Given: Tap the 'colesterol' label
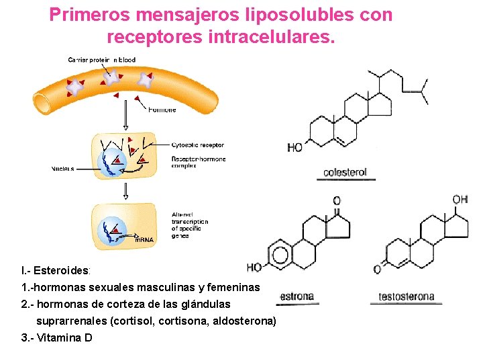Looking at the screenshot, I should point(345,172).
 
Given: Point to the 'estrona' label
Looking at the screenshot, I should point(297,296).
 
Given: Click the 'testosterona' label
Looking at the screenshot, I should point(407,296).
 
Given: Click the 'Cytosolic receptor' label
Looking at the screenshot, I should point(197,145).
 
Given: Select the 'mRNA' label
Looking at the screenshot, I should point(144,239).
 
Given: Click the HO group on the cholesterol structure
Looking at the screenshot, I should point(295,147).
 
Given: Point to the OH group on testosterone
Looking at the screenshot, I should point(460,199).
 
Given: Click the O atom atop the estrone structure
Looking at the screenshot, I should point(337,200).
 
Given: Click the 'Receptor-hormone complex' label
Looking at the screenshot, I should point(199,162).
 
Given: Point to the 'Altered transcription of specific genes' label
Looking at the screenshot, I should point(190,225).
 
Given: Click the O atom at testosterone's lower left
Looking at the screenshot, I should point(377,270).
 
